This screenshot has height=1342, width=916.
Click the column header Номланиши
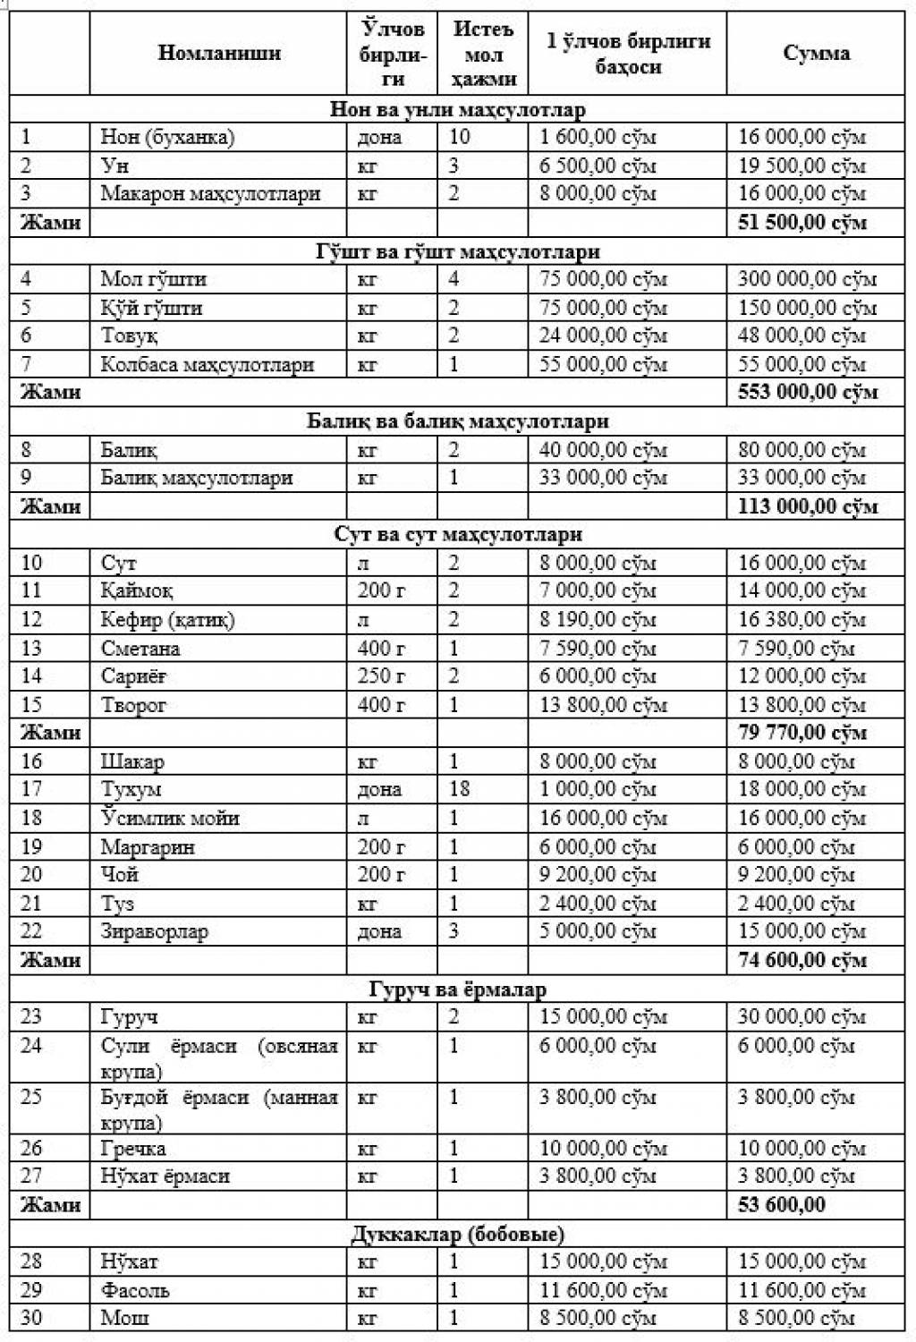pos(219,53)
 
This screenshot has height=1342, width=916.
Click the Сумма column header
pos(816,53)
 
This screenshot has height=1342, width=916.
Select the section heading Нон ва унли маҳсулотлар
pos(457,110)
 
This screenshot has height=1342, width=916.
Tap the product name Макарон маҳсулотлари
pos(210,193)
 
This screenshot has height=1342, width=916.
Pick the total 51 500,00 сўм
pos(802,222)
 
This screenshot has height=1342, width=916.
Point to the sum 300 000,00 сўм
pos(807,279)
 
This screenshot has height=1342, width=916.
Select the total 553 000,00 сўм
pos(808,392)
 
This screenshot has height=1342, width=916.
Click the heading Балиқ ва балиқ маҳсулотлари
pos(457,420)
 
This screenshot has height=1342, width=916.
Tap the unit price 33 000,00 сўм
pos(603,478)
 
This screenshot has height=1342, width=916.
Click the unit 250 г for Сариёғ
pos(381,676)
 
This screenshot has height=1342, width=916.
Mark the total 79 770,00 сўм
pos(802,733)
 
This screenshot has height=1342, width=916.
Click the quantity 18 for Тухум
pos(460,789)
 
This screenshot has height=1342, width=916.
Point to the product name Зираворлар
pos(154,931)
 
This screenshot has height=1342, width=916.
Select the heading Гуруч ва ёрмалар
pos(457,989)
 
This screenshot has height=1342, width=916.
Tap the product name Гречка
pos(133,1148)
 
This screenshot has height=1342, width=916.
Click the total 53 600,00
pos(782,1204)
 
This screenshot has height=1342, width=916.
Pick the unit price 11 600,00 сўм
pos(603,1290)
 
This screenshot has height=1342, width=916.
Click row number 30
pos(31,1318)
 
